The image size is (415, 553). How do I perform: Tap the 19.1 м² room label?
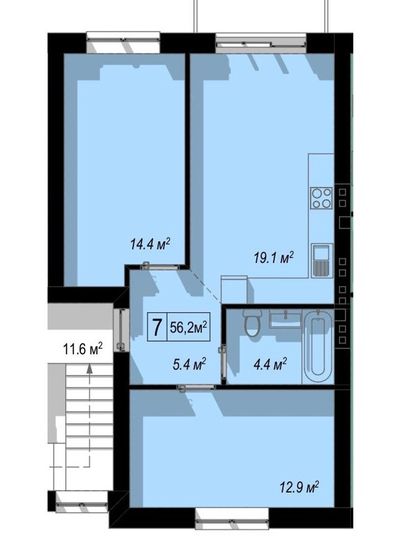(x=274, y=258)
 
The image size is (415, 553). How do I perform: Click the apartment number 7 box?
(x=157, y=327)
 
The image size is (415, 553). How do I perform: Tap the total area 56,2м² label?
(x=189, y=327)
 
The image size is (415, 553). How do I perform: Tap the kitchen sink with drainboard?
(x=322, y=260)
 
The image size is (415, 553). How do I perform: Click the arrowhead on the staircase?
(x=89, y=369)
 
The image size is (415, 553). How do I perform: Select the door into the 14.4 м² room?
(x=160, y=266)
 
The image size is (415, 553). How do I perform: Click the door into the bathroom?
(x=223, y=362)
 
